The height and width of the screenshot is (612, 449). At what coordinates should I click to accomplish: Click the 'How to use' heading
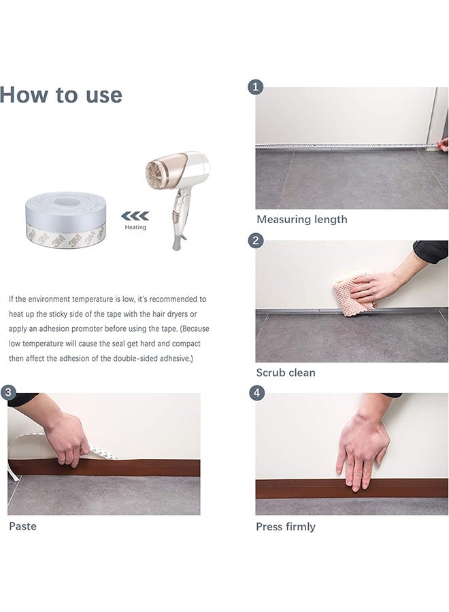pos(61,95)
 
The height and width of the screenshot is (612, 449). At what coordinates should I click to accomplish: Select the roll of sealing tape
pos(65,220)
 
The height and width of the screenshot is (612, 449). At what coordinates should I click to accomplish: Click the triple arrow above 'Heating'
pos(135,216)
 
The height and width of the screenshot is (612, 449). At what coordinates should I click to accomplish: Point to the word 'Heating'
pos(135,227)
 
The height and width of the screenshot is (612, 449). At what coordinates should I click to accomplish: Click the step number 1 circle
pos(255,86)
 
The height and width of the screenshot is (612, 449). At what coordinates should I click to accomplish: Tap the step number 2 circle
pos(256,241)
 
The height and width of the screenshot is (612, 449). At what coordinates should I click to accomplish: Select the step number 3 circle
pos(8,392)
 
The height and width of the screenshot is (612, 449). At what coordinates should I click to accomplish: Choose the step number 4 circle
pos(256,392)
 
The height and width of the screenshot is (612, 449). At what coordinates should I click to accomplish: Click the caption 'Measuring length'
pos(302,220)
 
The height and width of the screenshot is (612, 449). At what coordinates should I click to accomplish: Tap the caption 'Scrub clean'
pos(286,373)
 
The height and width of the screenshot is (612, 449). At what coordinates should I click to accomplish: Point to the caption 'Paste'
pos(22,526)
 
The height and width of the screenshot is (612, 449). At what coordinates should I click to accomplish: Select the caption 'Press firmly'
pos(286,526)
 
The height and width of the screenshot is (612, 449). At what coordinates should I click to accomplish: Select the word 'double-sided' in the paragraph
pos(133,358)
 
